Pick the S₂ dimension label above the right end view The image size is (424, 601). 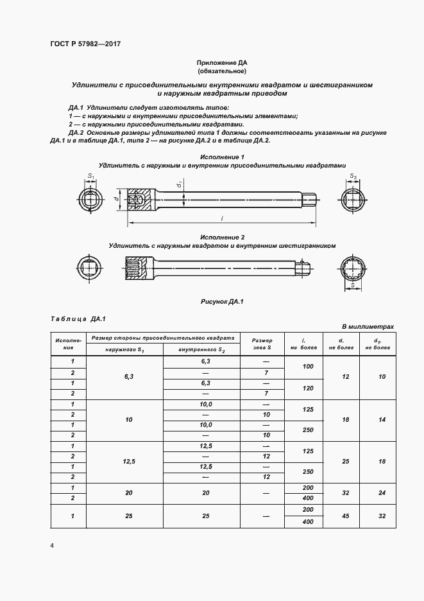tap(353, 175)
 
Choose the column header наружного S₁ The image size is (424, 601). tap(124, 349)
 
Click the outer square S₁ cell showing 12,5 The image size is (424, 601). tap(124, 461)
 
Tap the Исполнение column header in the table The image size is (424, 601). tap(68, 343)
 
